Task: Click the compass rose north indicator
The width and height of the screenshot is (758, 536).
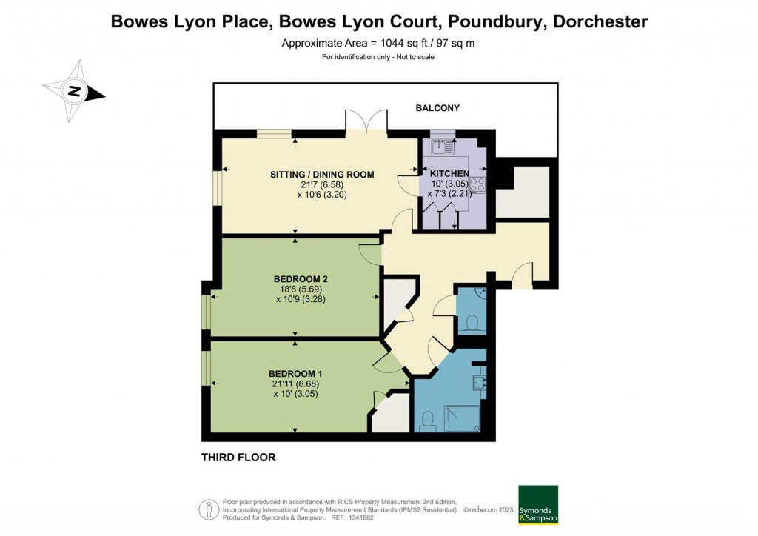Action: [73, 91]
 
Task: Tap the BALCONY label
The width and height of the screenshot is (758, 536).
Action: [437, 108]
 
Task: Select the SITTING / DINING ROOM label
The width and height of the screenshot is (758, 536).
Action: [322, 175]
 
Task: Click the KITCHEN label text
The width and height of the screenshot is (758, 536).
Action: [449, 173]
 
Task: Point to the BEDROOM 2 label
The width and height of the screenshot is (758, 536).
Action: [301, 279]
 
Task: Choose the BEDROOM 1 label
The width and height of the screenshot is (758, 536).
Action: [295, 374]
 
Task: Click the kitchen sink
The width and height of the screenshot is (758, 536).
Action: [443, 147]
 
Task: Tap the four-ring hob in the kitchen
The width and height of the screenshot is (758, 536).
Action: [477, 185]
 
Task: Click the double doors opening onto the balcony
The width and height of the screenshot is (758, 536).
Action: [366, 121]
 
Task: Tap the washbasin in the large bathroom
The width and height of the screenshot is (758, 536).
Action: [480, 382]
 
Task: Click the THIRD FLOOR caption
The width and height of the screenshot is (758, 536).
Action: [238, 458]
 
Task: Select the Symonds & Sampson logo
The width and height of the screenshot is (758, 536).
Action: [538, 505]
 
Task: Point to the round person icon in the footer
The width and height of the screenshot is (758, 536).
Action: [209, 509]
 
